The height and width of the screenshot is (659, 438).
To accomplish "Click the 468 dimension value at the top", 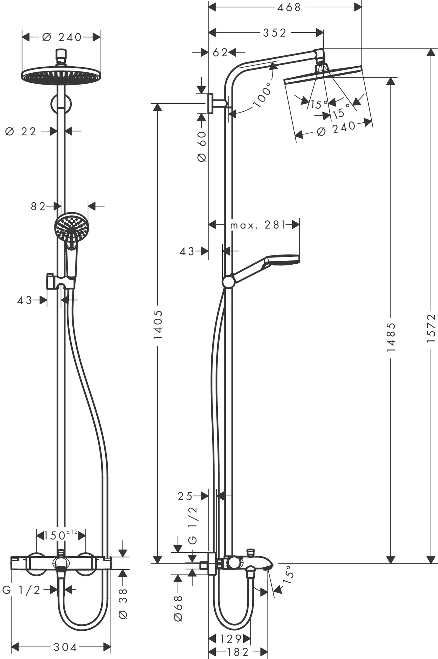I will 289,7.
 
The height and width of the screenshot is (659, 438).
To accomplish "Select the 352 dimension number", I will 275,33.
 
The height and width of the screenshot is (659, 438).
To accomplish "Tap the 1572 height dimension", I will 431,328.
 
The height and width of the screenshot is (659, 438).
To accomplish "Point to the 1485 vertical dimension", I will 391,338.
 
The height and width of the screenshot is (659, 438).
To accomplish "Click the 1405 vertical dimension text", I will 158,325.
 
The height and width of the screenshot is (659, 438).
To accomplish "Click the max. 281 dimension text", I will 258,225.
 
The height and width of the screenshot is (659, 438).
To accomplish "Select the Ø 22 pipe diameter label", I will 21,132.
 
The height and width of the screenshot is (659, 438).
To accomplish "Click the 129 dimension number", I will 231,639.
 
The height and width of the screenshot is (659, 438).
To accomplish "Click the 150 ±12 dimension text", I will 61,535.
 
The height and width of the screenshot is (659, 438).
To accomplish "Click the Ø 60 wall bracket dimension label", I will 202,147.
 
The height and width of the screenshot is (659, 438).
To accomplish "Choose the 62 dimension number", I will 220,53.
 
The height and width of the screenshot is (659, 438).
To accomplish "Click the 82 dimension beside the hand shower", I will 38,206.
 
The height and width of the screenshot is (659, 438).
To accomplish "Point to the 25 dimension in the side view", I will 185,496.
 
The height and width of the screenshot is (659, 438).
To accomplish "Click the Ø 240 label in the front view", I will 62,37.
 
